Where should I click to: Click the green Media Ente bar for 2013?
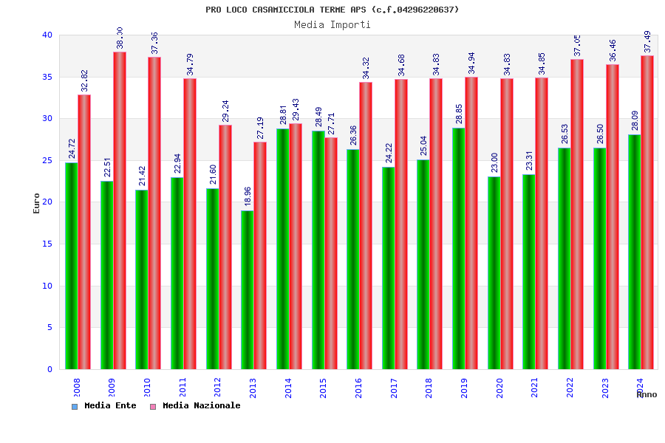247,289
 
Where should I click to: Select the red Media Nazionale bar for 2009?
120,210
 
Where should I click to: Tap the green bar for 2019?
458,248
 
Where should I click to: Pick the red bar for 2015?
331,253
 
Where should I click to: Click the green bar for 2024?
635,252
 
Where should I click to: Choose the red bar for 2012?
225,247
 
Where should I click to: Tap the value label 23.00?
494,163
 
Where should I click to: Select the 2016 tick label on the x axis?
358,388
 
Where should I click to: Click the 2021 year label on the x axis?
535,388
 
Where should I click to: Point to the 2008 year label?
77,388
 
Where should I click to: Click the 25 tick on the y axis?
47,160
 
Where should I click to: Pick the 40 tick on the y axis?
47,35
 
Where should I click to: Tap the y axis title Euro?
37,203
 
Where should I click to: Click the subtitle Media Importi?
332,24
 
